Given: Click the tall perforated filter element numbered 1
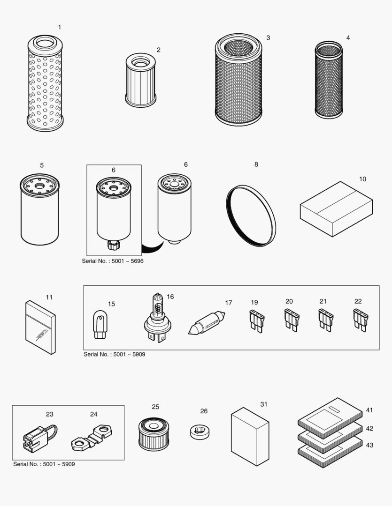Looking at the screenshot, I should tap(45, 84).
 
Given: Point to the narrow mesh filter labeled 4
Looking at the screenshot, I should tap(329, 80).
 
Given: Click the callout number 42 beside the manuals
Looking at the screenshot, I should tap(369, 428).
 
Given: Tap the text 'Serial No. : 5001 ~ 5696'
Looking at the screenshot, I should tap(113, 261).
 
